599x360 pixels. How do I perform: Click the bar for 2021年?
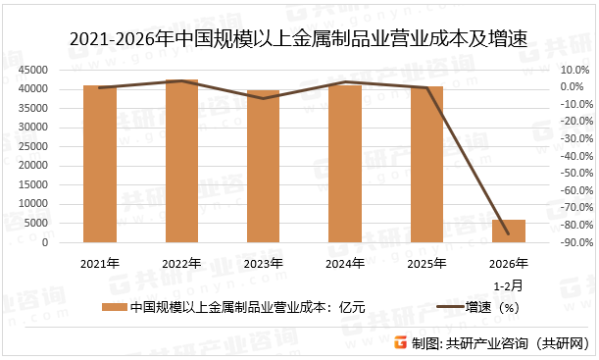click(x=100, y=164)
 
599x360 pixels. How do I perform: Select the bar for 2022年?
click(x=181, y=161)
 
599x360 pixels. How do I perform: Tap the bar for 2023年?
click(x=263, y=166)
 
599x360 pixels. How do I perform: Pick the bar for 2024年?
click(x=345, y=164)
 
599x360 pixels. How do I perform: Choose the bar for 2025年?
click(x=426, y=164)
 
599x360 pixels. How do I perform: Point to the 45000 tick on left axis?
click(x=39, y=70)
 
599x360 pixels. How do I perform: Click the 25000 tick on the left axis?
click(x=39, y=146)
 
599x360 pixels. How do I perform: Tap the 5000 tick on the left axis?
click(x=42, y=224)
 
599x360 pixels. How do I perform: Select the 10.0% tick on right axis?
click(x=574, y=70)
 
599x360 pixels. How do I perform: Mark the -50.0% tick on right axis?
click(x=572, y=174)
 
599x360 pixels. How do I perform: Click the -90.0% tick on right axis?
click(x=572, y=242)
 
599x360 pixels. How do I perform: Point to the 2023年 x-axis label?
click(x=263, y=264)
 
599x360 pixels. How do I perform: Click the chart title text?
click(x=299, y=40)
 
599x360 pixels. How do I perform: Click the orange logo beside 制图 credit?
click(x=399, y=342)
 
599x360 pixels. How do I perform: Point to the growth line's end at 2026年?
click(x=508, y=234)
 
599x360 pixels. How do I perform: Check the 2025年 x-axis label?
click(x=426, y=264)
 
